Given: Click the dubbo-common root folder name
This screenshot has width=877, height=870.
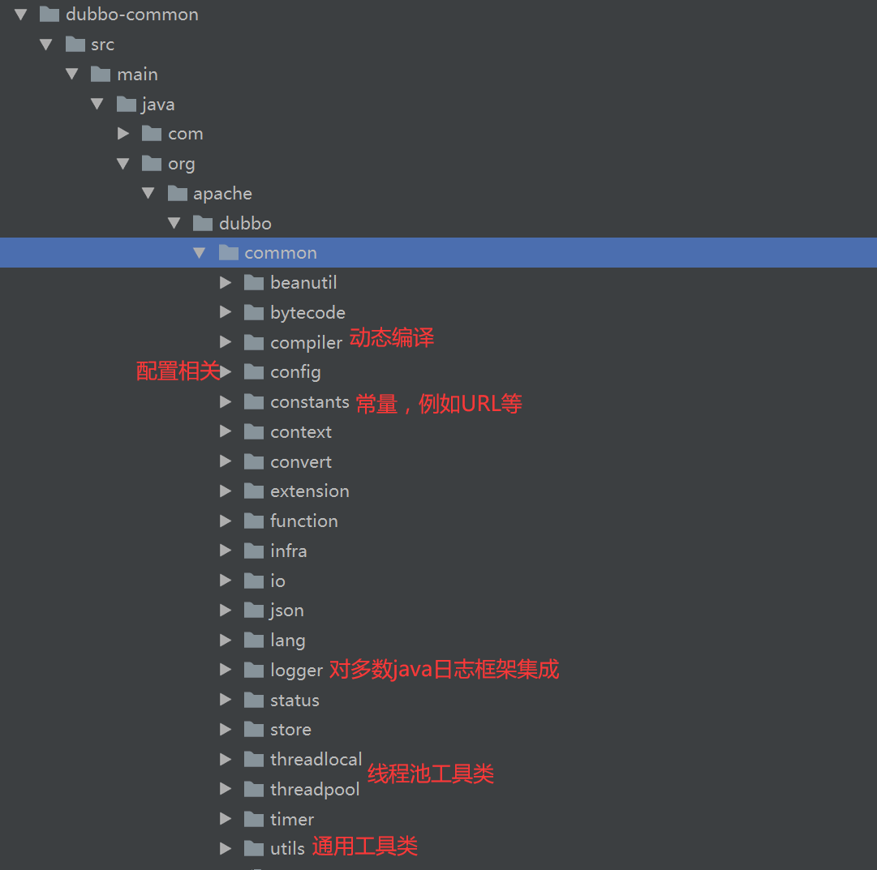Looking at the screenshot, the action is coord(131,15).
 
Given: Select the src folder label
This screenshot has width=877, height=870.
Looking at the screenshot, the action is coord(102,45).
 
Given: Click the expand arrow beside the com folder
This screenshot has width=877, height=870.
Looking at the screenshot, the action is coord(123,134).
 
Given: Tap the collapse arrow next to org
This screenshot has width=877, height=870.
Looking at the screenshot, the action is coord(123,164).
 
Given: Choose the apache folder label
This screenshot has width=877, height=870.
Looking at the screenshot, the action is coord(222,194).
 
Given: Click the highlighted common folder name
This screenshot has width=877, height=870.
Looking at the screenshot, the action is coord(281,253).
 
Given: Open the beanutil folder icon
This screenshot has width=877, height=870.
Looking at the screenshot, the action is coord(254,283).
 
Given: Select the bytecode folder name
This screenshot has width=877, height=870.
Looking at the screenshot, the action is coord(307,313).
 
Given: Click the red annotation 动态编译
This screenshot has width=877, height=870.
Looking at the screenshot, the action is coord(392,338).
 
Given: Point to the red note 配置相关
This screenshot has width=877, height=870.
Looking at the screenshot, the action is coord(178,371).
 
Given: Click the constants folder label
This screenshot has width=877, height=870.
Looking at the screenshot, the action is coord(309,402).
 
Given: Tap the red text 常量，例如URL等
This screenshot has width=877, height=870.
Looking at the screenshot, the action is coord(438,404).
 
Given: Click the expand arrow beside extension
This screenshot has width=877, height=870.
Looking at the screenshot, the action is coord(226,491).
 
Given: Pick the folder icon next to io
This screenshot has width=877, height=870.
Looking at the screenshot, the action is coord(254,581).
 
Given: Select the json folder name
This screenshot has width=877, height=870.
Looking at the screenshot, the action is coord(286,611).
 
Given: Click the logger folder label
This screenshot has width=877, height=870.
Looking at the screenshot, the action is coord(296,671).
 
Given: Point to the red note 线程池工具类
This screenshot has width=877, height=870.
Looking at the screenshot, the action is coord(431,774).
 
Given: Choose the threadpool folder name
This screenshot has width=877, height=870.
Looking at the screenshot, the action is coord(314,790).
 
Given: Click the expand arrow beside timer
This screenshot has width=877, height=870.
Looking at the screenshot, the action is coord(226,819).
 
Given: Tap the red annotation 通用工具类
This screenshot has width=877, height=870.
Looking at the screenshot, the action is coord(365,847).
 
